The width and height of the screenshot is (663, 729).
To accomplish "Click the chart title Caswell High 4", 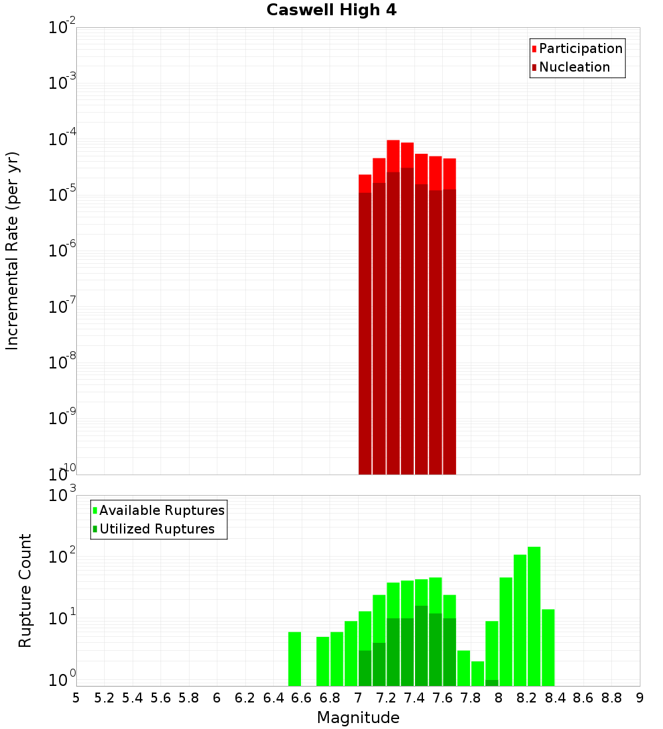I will [331, 11].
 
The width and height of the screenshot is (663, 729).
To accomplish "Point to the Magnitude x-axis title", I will [358, 718].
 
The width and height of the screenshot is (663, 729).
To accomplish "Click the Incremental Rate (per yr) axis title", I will [13, 251].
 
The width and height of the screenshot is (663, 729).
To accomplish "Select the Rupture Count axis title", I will [25, 590].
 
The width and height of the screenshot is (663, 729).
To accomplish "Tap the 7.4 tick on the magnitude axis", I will [414, 698].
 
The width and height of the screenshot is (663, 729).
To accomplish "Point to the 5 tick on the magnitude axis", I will [76, 698].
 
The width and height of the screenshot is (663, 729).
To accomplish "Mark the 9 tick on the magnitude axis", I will [640, 698].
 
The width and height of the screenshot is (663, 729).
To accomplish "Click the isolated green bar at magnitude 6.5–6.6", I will [295, 659].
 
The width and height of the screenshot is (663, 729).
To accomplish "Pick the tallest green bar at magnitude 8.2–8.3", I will [534, 616].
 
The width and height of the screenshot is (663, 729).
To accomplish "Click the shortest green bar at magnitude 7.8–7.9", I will [478, 673].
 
